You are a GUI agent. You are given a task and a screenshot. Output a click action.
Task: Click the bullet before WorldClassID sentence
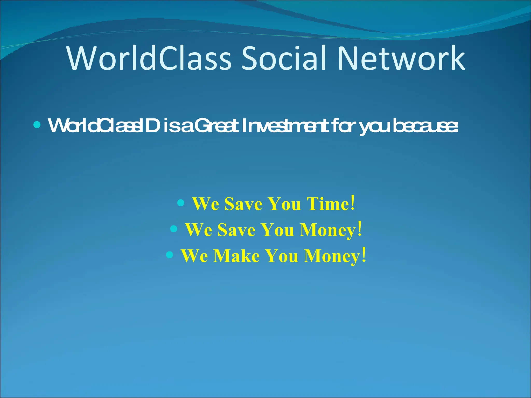point(37,125)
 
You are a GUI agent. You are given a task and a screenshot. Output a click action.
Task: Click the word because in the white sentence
point(425,125)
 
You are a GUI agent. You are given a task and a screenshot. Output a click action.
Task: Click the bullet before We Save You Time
point(181,203)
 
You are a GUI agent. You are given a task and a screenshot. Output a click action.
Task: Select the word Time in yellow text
point(328,204)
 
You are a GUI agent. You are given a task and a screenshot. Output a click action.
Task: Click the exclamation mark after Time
point(352,203)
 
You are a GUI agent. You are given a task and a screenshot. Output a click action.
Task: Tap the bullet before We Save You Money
point(174,229)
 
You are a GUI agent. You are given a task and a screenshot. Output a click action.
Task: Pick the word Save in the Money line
point(236,230)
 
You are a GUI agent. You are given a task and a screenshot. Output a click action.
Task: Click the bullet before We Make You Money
point(169,255)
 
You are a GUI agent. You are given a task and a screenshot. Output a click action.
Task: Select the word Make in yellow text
point(236,256)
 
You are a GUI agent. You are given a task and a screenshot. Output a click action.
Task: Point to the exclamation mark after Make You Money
point(364,255)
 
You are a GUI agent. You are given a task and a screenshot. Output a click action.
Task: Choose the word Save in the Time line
point(243,204)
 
